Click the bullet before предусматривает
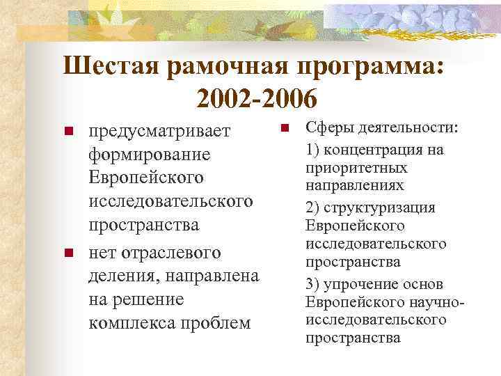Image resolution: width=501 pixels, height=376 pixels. (68, 131)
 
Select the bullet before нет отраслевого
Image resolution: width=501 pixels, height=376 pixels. (68, 251)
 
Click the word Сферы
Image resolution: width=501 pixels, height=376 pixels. (327, 130)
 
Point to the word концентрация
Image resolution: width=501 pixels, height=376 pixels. (373, 149)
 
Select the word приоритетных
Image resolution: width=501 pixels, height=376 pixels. (346, 168)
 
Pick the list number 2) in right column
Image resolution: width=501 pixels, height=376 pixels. (313, 207)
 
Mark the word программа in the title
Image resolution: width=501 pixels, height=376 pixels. (368, 67)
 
